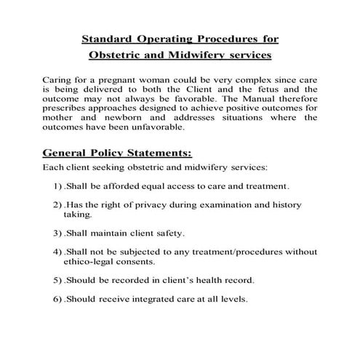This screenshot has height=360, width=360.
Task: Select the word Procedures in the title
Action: [x=225, y=38]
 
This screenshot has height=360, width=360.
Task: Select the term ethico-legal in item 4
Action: [x=91, y=262]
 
